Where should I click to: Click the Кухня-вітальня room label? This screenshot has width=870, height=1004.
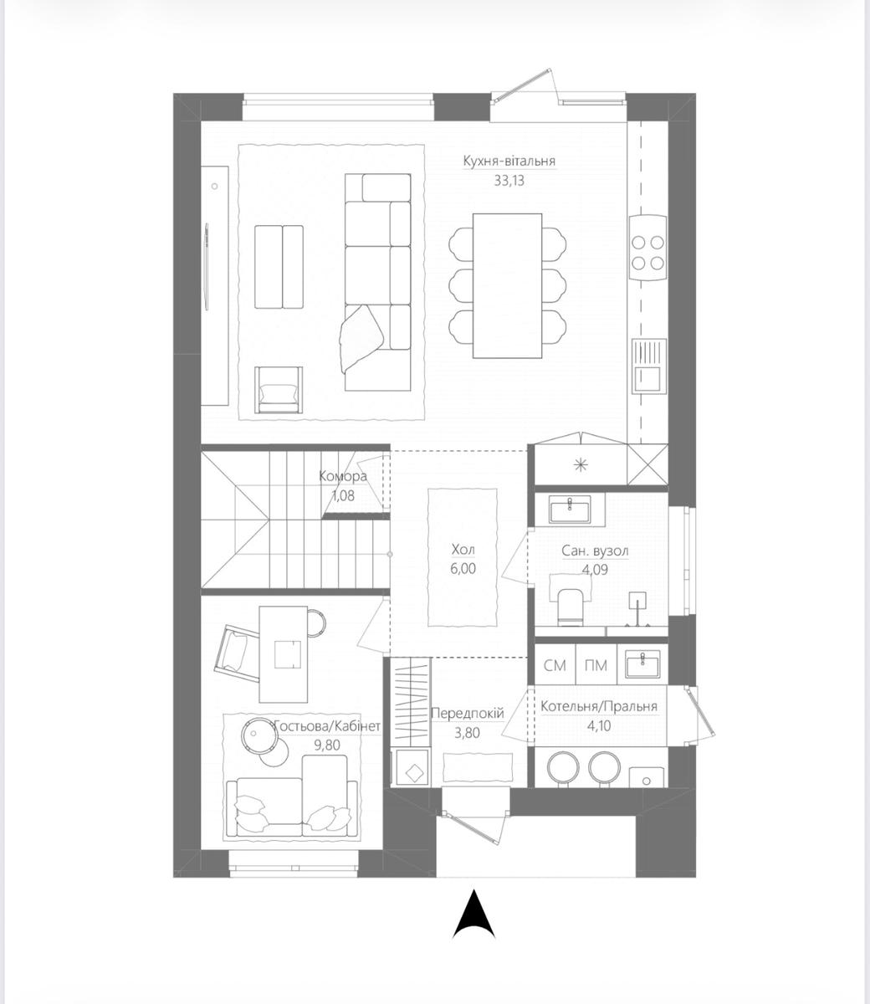[509, 161]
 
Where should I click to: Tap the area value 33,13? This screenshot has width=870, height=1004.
[509, 181]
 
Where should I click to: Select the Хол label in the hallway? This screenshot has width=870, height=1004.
[463, 550]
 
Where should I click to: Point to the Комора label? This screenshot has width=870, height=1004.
[343, 476]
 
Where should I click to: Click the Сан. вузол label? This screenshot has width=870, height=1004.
[595, 551]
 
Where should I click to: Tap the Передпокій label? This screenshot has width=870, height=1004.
[468, 714]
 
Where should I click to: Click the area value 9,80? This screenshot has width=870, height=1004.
[327, 745]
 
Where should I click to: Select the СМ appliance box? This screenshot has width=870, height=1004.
[555, 665]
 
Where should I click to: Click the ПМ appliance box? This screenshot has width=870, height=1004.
[596, 665]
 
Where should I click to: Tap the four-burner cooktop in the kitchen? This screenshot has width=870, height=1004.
[647, 248]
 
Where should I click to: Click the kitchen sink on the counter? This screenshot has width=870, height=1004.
[648, 366]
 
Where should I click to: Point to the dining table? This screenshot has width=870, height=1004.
[507, 285]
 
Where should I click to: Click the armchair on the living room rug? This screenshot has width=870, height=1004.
[279, 390]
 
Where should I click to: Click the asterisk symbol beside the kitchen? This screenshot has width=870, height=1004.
[581, 465]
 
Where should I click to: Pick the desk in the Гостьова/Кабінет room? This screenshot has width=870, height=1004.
[284, 653]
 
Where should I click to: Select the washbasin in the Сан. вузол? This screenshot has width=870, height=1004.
[570, 510]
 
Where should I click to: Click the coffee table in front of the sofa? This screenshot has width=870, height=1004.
[279, 267]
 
